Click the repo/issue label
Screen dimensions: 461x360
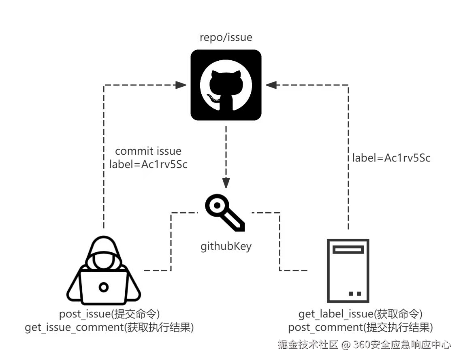click(x=226, y=38)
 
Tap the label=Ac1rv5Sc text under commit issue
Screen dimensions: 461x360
click(x=149, y=164)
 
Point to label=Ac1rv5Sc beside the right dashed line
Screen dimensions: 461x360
click(x=391, y=158)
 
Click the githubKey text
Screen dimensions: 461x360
click(x=226, y=246)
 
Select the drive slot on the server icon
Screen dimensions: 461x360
click(x=348, y=250)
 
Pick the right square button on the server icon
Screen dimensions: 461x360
click(x=359, y=293)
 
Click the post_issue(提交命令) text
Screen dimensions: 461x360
click(x=109, y=314)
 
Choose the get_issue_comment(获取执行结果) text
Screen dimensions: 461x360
click(x=109, y=327)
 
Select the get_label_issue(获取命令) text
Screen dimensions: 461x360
click(x=361, y=314)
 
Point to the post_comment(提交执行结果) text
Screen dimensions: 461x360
click(x=361, y=327)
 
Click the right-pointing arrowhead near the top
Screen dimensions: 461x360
click(x=181, y=85)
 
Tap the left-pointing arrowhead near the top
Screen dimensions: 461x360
click(x=271, y=85)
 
